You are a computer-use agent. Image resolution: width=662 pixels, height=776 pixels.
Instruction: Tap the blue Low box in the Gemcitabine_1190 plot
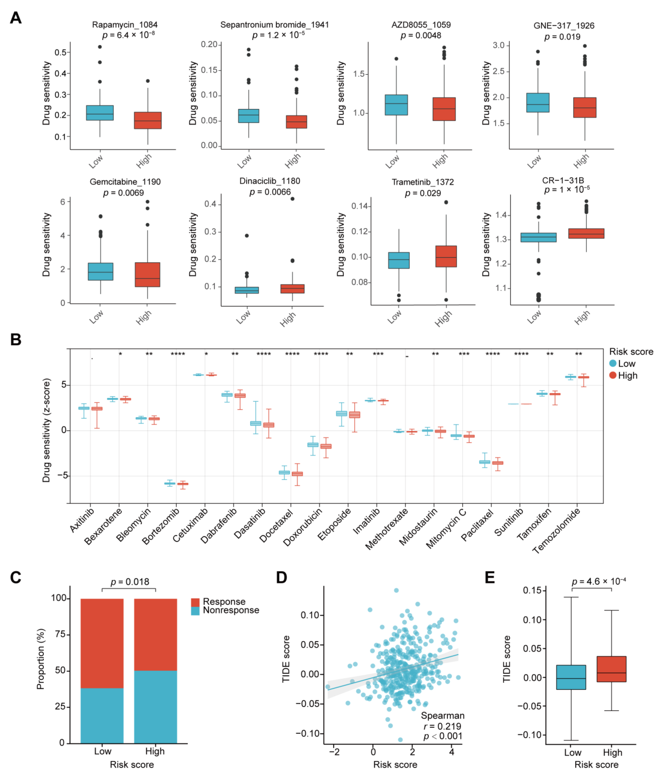click(x=100, y=272)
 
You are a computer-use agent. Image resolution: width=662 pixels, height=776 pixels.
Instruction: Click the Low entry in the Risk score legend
click(x=626, y=364)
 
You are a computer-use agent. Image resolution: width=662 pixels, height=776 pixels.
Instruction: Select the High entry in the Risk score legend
click(x=627, y=376)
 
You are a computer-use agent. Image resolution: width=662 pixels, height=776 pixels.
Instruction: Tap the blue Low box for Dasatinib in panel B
click(x=256, y=423)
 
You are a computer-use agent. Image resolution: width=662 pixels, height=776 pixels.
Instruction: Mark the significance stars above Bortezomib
click(x=178, y=354)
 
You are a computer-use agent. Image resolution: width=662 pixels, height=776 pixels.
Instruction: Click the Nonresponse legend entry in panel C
click(x=231, y=610)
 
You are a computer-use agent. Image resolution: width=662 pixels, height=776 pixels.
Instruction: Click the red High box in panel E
click(x=611, y=669)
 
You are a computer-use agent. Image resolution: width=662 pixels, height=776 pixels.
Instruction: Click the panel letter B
click(x=16, y=340)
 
